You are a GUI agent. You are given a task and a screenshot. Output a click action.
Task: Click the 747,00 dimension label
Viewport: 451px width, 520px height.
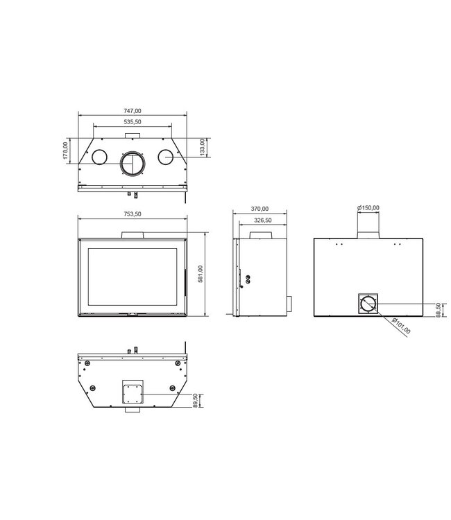[133, 111]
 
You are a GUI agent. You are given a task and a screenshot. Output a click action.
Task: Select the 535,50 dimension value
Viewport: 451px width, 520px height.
[133, 122]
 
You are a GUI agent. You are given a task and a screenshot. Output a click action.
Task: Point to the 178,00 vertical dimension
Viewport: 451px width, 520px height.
[66, 151]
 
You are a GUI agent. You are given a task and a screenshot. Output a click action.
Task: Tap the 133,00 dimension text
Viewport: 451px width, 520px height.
[202, 148]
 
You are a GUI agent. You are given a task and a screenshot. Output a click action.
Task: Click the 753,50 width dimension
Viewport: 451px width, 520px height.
[133, 214]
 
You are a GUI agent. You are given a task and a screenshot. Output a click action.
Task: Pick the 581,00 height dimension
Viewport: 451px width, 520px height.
[201, 274]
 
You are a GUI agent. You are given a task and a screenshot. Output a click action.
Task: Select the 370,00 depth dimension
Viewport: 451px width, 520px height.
[260, 209]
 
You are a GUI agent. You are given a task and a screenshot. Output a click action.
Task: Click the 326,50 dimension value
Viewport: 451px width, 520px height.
[263, 220]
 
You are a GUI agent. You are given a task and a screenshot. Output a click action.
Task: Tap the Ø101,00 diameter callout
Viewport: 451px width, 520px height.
[401, 324]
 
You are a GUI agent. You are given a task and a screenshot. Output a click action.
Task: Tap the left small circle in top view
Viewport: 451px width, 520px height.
[100, 157]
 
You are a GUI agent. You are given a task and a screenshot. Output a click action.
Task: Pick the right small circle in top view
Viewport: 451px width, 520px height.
[166, 157]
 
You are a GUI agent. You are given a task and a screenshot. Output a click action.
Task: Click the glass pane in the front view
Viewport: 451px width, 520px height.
[132, 275]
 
